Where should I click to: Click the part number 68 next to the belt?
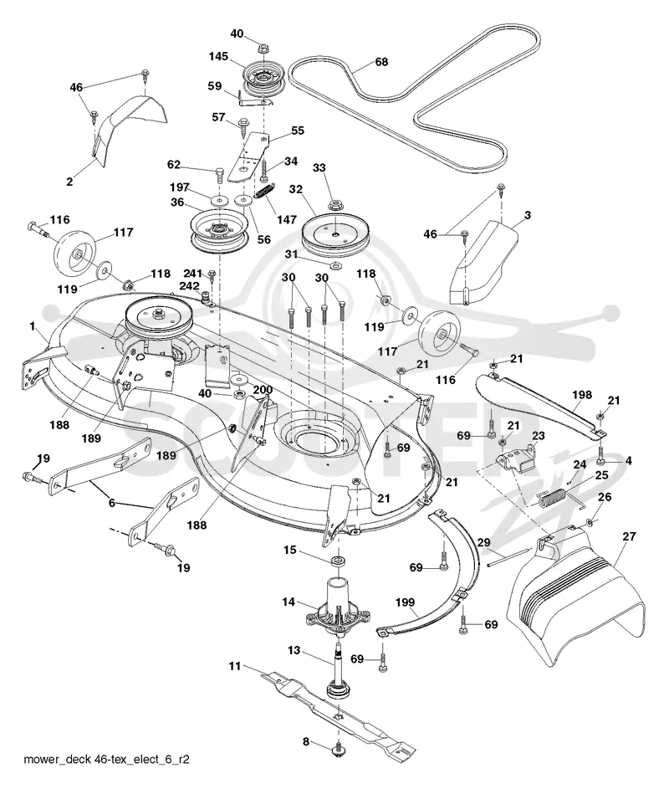tap(381, 62)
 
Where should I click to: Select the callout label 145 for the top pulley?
tap(218, 56)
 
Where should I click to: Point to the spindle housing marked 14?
tap(338, 608)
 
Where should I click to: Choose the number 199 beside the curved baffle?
tap(405, 602)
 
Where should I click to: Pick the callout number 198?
tap(581, 394)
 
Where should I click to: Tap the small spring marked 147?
tap(263, 192)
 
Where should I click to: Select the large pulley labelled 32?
tap(334, 233)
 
